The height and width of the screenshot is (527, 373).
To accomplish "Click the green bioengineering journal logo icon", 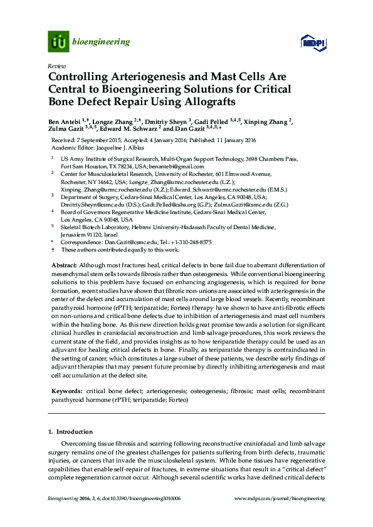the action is (x=59, y=42).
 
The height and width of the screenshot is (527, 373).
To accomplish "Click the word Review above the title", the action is (x=55, y=65).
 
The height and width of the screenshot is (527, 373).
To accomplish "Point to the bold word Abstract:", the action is (x=64, y=266).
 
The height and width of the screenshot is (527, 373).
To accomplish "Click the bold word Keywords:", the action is (x=66, y=391).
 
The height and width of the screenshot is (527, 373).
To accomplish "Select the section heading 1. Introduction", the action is (x=70, y=432).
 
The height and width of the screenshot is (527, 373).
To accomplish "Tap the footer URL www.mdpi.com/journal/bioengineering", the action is (x=280, y=498).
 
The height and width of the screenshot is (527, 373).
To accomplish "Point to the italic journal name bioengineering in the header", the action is (x=102, y=43).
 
